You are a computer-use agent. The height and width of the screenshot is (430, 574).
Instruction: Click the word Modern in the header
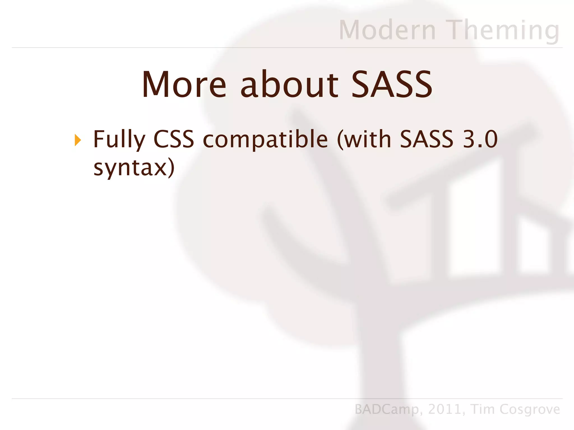point(387,30)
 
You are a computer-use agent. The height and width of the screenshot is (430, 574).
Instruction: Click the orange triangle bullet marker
point(78,140)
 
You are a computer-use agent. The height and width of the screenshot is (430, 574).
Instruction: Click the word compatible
point(265,140)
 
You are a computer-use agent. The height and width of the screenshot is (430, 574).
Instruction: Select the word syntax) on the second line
point(134,168)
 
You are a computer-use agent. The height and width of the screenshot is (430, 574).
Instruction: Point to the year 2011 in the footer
point(445,409)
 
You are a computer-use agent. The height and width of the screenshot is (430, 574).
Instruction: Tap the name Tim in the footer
point(483,409)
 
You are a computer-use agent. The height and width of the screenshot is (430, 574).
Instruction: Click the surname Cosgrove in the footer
point(530,410)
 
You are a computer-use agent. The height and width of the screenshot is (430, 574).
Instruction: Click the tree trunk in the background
point(378,364)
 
